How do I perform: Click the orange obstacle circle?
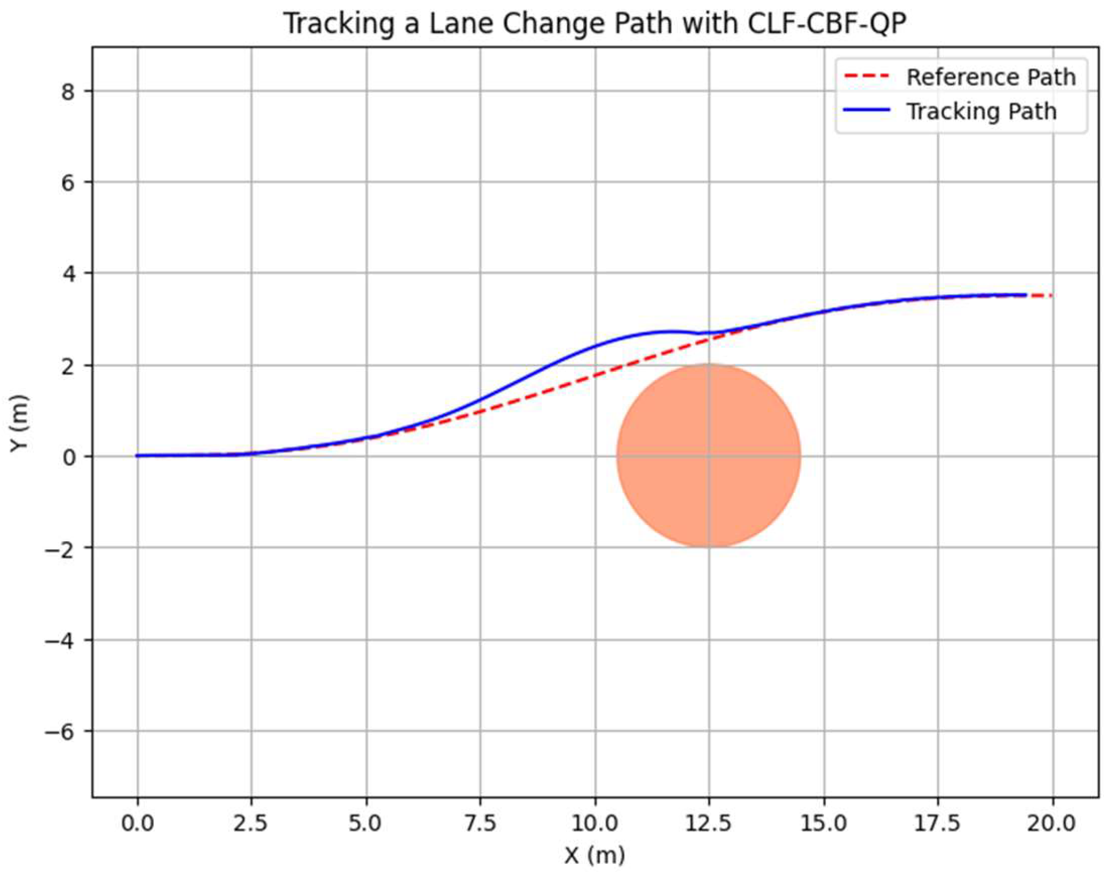(708, 456)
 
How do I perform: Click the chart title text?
(594, 24)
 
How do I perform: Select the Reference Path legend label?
(990, 77)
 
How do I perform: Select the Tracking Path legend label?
(981, 111)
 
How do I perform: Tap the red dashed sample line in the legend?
(866, 77)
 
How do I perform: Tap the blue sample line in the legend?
(866, 111)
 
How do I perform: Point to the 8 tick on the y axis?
(68, 91)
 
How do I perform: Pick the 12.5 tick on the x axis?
(709, 823)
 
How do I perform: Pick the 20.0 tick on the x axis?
(1051, 823)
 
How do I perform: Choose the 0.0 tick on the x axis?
(138, 823)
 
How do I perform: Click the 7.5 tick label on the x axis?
(480, 823)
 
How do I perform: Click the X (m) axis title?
(594, 855)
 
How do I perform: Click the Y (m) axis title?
(19, 423)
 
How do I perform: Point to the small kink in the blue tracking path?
(698, 333)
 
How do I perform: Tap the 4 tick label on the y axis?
(68, 274)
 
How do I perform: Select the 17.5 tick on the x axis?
(938, 823)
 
